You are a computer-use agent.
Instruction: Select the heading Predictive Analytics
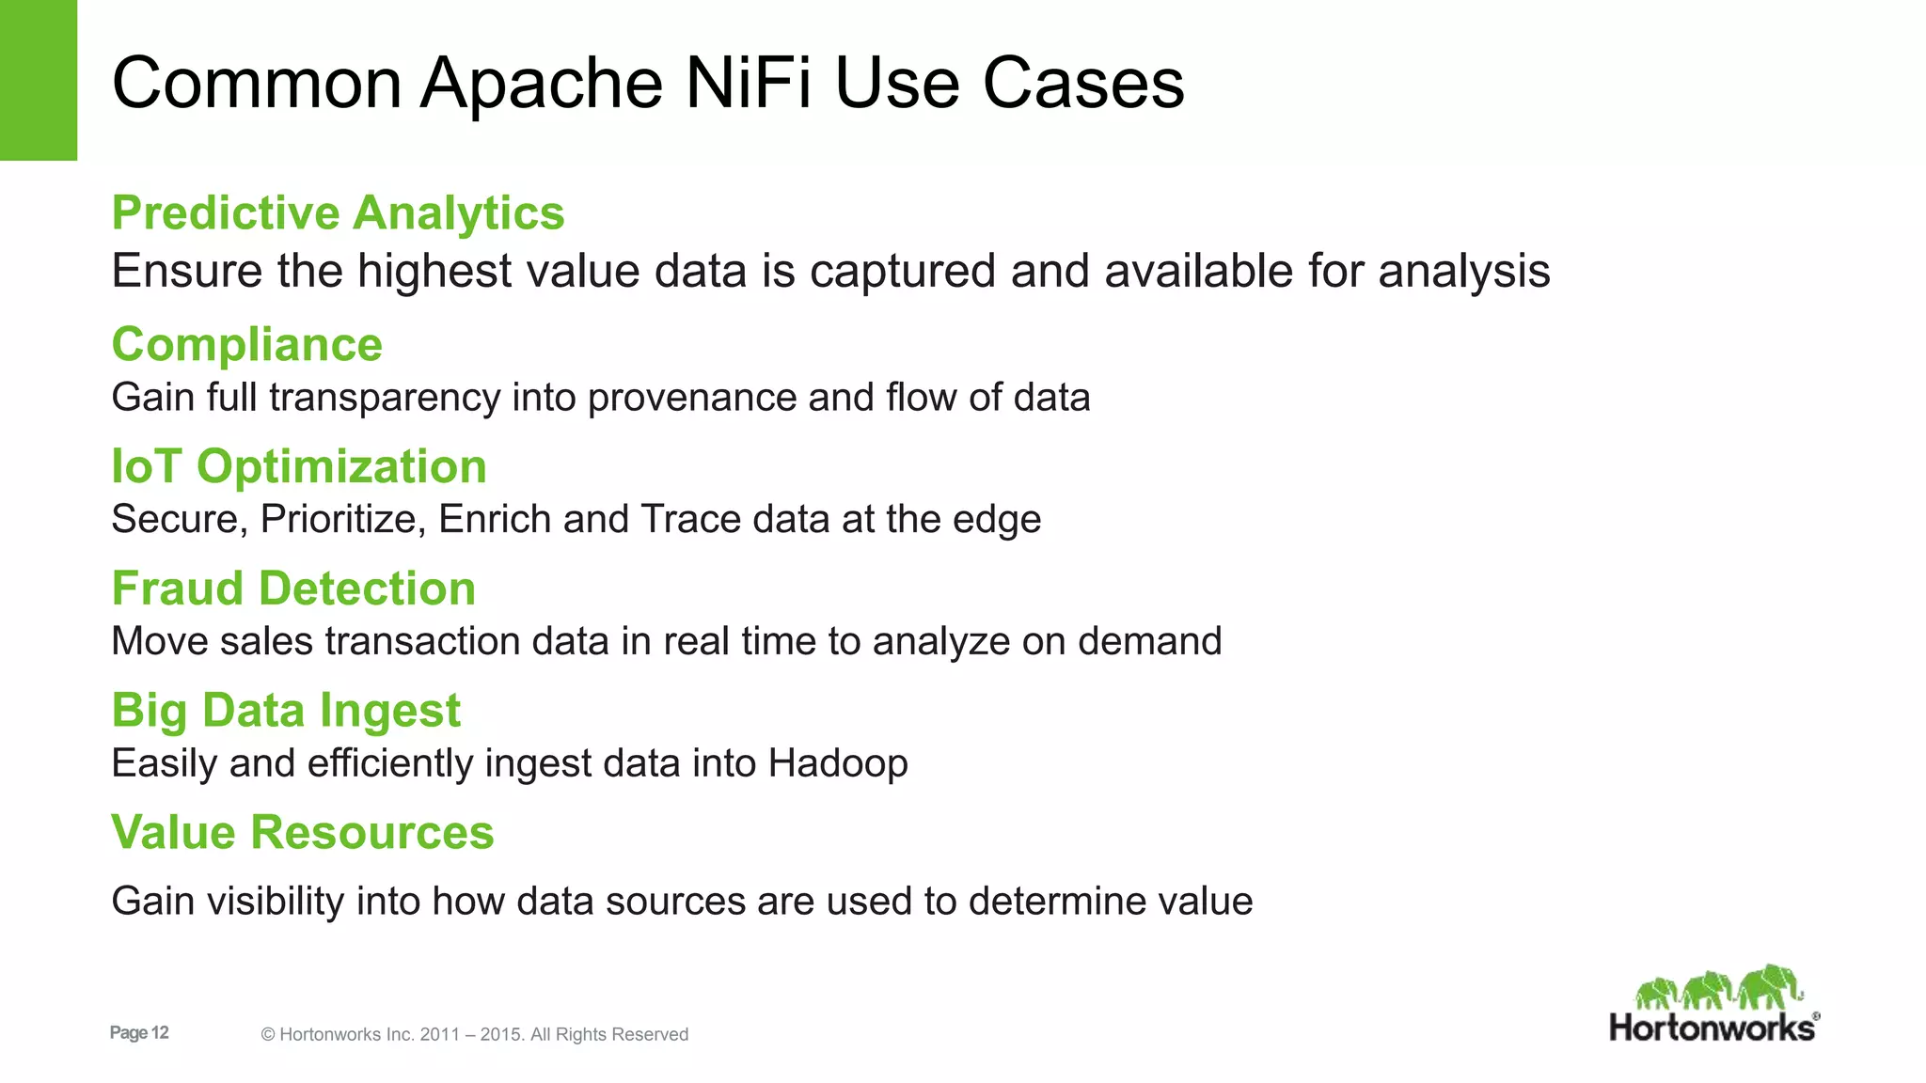point(338,212)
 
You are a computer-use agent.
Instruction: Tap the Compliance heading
point(247,344)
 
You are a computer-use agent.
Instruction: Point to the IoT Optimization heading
point(299,466)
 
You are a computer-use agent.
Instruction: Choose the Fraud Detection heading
point(293,589)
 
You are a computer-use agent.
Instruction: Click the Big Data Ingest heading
point(286,710)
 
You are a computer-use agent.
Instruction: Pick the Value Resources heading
point(302,832)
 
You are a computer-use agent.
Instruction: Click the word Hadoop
point(838,763)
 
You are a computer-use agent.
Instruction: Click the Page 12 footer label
point(139,1033)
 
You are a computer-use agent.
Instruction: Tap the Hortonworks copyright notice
point(475,1034)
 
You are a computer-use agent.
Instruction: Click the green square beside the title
point(39,80)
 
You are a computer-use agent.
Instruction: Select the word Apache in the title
point(542,83)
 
